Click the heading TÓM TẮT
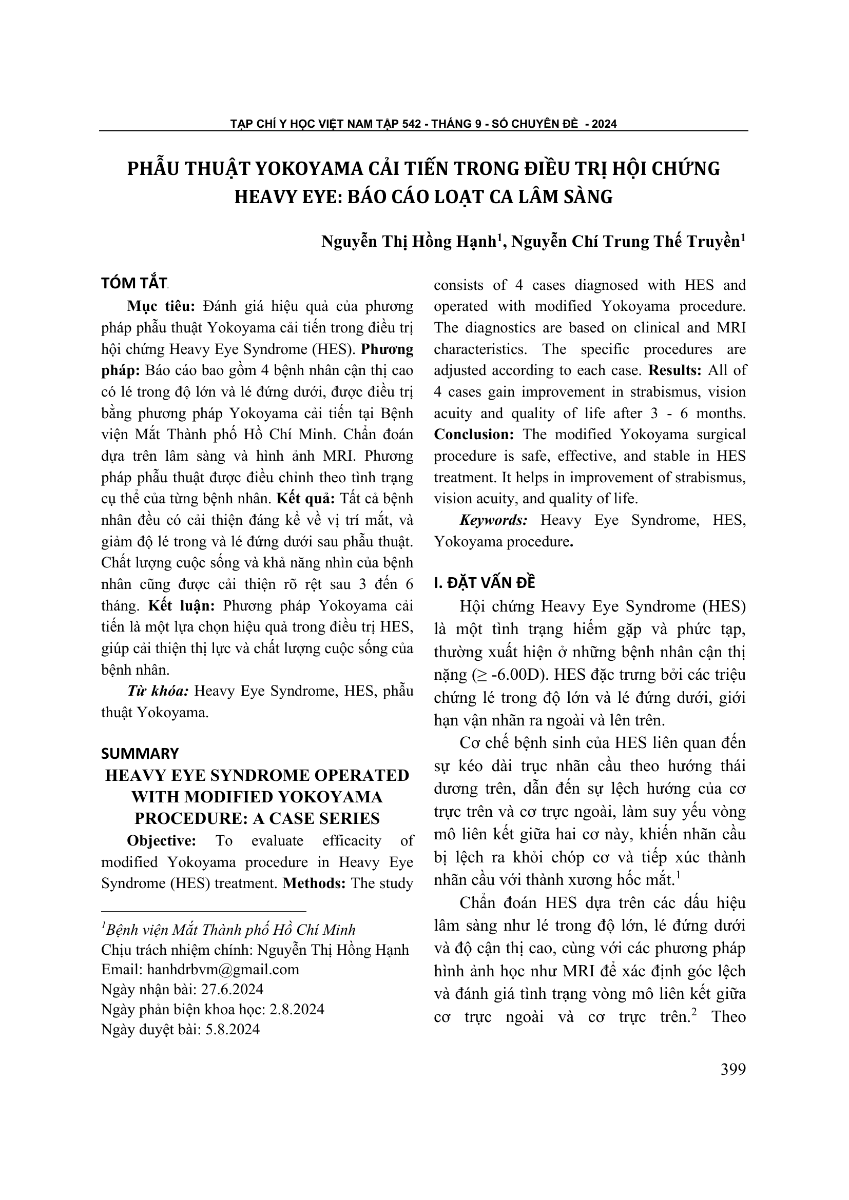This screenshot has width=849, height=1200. point(133,283)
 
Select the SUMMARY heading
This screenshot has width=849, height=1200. point(140,753)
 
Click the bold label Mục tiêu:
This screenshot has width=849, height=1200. point(161,306)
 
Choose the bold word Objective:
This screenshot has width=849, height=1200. point(162,840)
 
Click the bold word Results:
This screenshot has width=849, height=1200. point(675,370)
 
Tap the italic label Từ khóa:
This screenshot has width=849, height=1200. point(158,691)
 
